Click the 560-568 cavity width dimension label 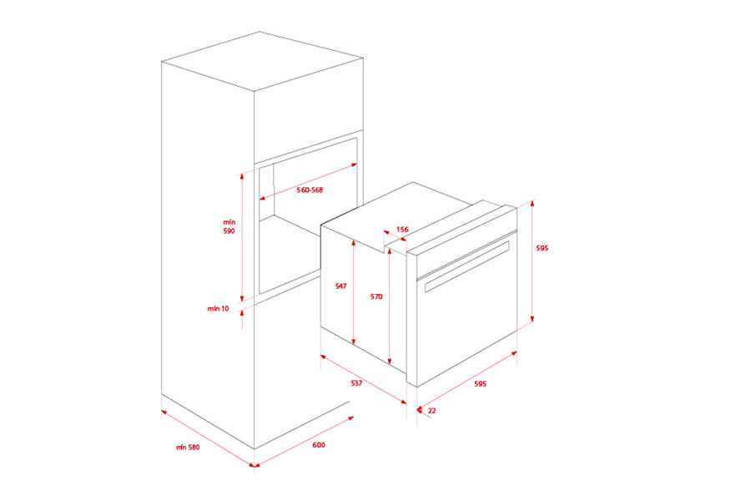coord(310,190)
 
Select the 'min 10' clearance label coord(218,309)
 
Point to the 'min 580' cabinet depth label coord(188,448)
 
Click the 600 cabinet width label coord(319,445)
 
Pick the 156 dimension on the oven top coord(402,229)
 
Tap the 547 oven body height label coord(340,286)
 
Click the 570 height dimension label coord(376,296)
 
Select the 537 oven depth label coord(356,384)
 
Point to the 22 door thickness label coord(431,410)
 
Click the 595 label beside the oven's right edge coord(542,248)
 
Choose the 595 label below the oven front coord(480,384)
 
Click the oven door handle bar coord(467,266)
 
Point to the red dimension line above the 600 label coord(300,434)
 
